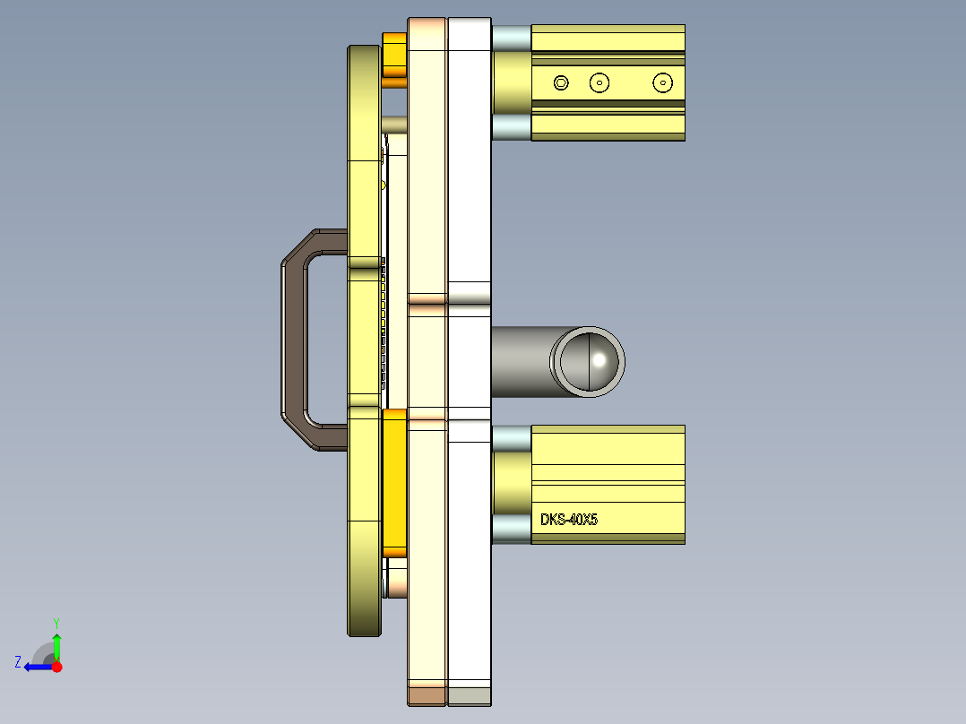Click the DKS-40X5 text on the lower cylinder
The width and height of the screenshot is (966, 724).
568,519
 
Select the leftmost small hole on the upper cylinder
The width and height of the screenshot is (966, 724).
561,82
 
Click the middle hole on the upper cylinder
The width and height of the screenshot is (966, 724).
599,82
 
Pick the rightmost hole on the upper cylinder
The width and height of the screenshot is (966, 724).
662,82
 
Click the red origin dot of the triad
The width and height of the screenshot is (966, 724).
56,667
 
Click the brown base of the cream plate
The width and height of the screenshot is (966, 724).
427,694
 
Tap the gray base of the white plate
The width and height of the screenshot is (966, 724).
469,694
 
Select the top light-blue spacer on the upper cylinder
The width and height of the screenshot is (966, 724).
511,38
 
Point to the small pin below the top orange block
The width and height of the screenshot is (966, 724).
394,124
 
